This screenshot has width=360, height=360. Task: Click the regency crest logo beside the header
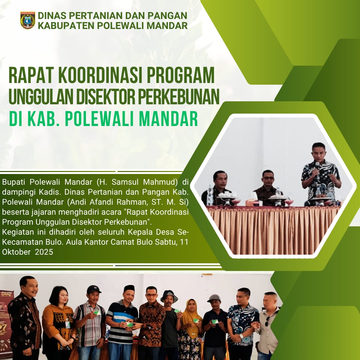tap(28, 20)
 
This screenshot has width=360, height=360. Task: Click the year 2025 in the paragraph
tap(44, 252)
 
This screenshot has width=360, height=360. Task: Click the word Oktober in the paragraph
tap(16, 252)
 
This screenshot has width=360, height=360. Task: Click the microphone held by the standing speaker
tap(317, 167)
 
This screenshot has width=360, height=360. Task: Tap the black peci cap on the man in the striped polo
tap(129, 288)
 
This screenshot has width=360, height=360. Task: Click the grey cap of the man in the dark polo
tap(214, 298)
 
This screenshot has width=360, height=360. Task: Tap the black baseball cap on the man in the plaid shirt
tap(94, 289)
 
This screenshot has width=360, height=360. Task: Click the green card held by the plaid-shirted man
tap(96, 312)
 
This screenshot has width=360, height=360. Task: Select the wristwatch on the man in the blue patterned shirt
tap(241, 336)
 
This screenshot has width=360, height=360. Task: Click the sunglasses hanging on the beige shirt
tap(267, 321)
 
